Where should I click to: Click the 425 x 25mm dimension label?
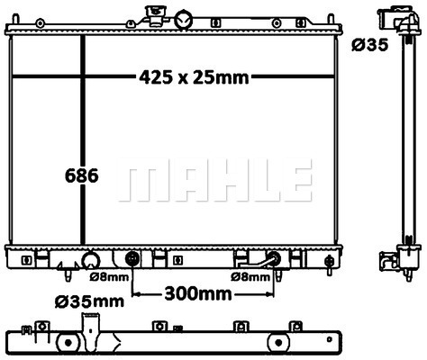tap(194, 77)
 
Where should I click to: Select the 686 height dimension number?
tap(81, 175)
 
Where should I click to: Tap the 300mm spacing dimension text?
tap(198, 294)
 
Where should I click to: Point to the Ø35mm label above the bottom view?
tap(89, 301)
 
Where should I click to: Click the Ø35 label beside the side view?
tap(370, 45)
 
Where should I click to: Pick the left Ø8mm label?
tap(109, 277)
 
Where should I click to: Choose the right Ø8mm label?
tap(250, 277)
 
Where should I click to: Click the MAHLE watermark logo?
tap(215, 180)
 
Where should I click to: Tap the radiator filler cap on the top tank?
tap(154, 15)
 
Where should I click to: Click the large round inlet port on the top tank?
tap(184, 20)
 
